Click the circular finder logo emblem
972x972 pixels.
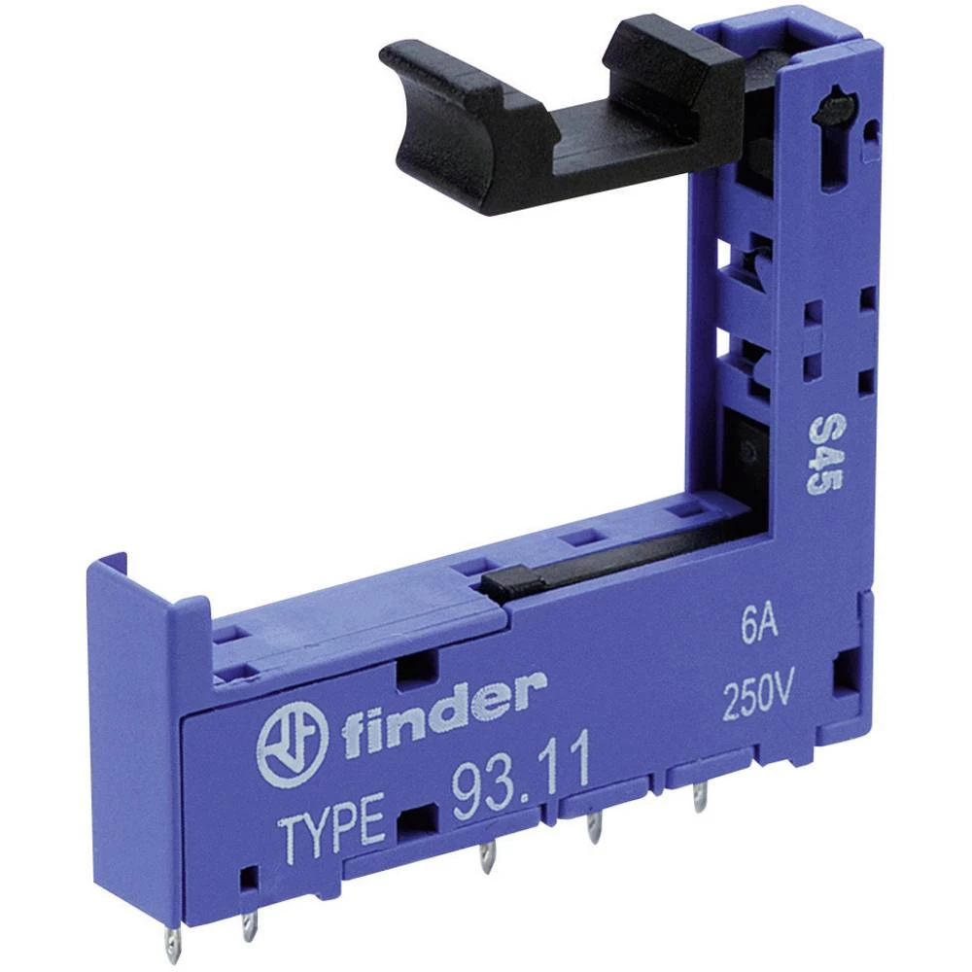[294, 743]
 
